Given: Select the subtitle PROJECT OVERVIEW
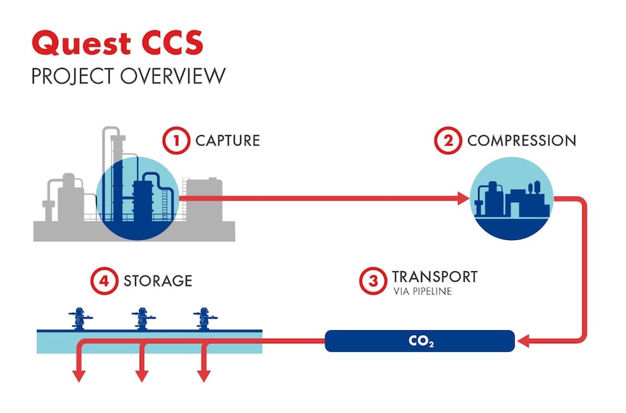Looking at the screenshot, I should [x=127, y=76].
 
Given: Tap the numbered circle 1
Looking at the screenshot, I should [x=175, y=140].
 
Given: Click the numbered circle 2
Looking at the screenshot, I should [x=448, y=140].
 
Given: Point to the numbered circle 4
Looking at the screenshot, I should [x=104, y=281].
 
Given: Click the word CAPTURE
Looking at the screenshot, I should [x=227, y=140].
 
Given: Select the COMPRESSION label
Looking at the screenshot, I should [x=521, y=140].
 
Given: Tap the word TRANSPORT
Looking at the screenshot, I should [x=435, y=277].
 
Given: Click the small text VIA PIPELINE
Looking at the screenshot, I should [x=422, y=292].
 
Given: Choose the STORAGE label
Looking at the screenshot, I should [x=158, y=281].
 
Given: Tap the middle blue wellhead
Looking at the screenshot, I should [x=140, y=319].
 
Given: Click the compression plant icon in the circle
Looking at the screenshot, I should [x=511, y=199].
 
